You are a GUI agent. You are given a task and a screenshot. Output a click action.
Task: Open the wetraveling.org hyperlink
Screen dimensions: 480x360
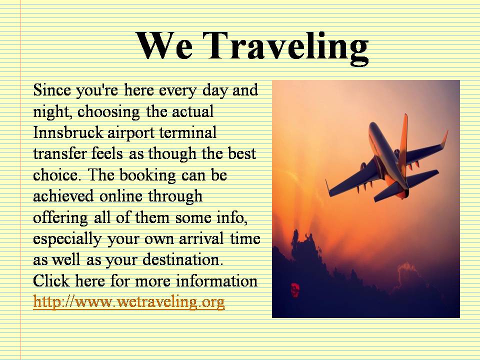point(129,301)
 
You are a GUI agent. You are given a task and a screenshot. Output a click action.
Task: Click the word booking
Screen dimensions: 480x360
point(147,175)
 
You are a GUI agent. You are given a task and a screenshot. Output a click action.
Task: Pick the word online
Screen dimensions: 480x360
point(121,196)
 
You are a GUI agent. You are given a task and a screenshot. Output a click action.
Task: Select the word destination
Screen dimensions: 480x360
point(183,259)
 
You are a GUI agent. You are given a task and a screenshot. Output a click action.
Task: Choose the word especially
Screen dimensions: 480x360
point(67,239)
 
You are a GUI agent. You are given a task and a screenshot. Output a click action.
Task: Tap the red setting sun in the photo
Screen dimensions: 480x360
point(295,289)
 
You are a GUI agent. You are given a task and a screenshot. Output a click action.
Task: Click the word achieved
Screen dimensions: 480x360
point(63,196)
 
